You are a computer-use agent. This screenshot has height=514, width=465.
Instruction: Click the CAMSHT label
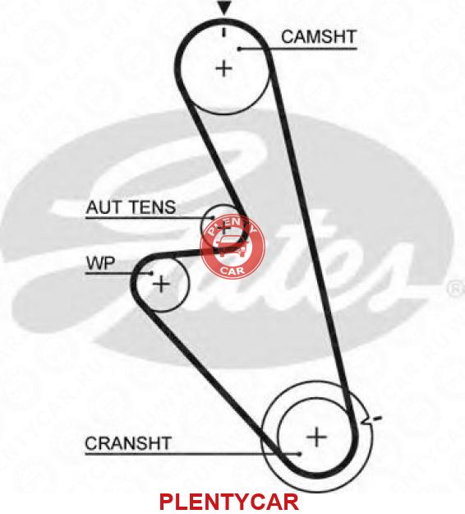tap(319, 37)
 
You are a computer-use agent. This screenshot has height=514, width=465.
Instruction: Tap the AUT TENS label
tap(131, 207)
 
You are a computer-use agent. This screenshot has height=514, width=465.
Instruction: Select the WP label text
tap(100, 263)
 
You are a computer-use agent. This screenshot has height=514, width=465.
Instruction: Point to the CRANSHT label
tap(128, 443)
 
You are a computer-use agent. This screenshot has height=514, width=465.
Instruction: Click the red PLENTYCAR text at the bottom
tap(229, 502)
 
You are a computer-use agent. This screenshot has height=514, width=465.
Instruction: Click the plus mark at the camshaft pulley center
tap(224, 69)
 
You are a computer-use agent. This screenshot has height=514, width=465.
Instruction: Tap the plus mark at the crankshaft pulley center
tap(316, 437)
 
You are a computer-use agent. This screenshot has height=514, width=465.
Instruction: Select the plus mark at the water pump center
tap(162, 284)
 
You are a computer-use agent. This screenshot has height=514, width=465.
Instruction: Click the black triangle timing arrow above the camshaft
tap(224, 7)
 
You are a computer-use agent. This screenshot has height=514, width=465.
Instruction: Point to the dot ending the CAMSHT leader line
tap(240, 49)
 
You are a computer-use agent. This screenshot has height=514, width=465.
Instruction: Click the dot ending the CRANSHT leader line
tap(299, 454)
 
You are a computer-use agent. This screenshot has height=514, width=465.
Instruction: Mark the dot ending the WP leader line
tap(151, 273)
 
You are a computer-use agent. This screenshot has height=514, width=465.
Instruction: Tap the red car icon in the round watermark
tap(230, 246)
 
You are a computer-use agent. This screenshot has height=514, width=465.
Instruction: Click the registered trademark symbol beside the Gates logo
tap(455, 289)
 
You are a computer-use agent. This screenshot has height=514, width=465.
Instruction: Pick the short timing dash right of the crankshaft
tap(377, 419)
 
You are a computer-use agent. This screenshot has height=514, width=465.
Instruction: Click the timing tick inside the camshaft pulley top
tap(224, 32)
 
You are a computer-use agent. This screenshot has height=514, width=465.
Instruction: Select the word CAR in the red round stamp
tap(232, 271)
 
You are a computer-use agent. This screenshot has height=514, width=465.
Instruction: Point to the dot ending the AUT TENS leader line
tap(213, 217)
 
